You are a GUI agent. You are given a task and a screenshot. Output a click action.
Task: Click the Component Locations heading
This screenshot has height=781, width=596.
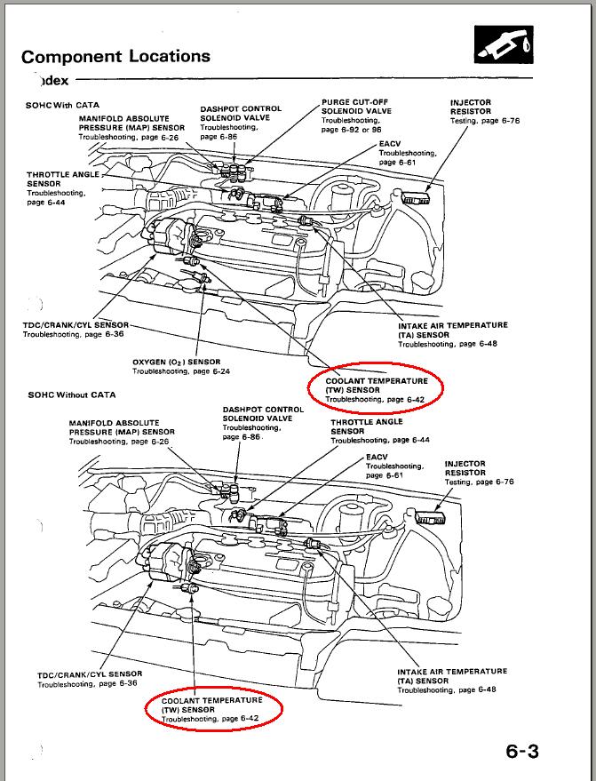(115, 56)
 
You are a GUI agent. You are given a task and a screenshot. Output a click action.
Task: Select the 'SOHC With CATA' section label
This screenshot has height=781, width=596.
(63, 105)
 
